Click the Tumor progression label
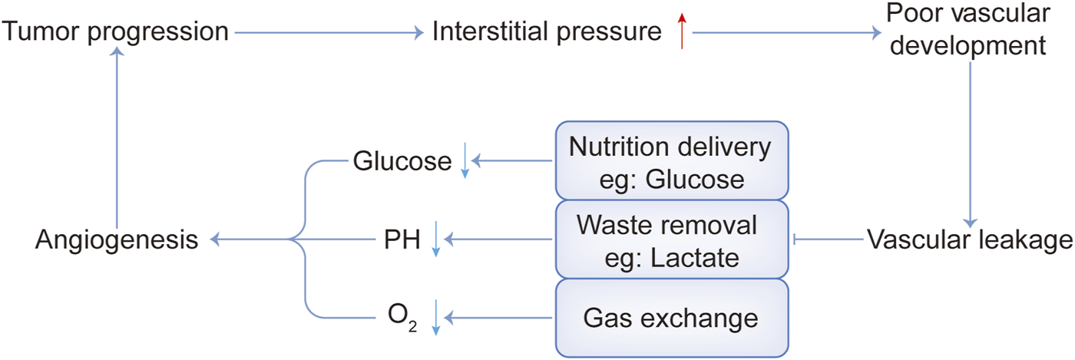click(116, 32)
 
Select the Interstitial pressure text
click(546, 32)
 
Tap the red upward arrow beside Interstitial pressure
click(682, 33)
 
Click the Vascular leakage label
click(970, 240)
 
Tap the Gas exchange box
click(672, 317)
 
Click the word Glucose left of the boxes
click(402, 162)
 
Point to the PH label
click(402, 241)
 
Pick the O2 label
click(402, 317)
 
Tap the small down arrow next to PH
click(435, 240)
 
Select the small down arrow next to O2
click(435, 318)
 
